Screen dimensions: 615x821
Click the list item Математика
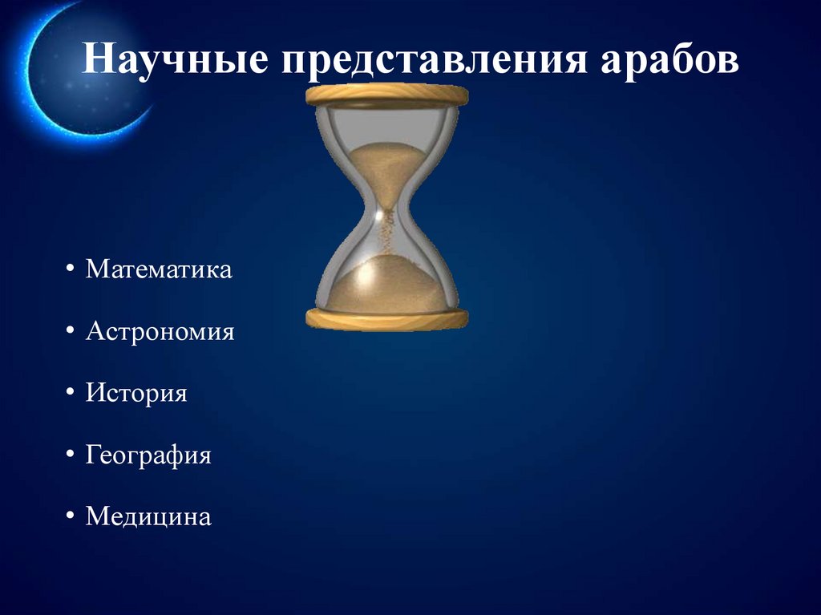pyautogui.click(x=159, y=269)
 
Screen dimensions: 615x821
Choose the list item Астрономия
pyautogui.click(x=160, y=331)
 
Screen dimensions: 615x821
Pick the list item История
pyautogui.click(x=136, y=394)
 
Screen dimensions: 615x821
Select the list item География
pyautogui.click(x=148, y=455)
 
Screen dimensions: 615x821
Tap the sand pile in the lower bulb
pyautogui.click(x=387, y=285)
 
